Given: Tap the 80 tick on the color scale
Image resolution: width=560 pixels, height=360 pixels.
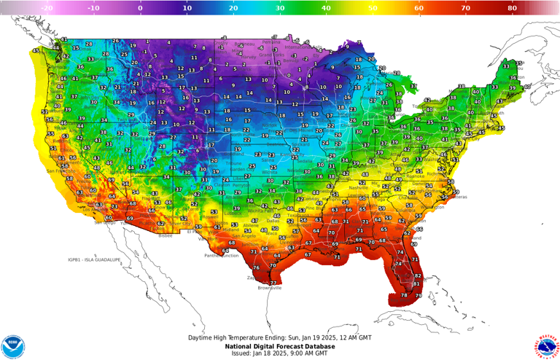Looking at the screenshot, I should click(513, 8).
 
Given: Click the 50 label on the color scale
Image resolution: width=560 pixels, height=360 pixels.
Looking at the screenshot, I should click(373, 8).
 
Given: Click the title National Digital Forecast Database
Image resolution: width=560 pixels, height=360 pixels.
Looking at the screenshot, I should click(280, 345).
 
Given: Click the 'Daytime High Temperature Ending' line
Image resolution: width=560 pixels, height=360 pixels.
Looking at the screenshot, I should click(280, 338).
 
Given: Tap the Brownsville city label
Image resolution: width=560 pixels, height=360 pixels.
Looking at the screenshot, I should click(270, 288).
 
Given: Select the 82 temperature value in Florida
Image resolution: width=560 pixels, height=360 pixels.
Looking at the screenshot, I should click(418, 277).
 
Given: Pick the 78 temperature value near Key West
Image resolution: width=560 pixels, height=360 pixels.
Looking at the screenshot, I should click(405, 295).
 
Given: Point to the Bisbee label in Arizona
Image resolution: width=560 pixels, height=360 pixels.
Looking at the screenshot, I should click(167, 235).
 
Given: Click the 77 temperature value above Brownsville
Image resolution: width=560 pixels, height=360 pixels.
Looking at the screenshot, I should click(273, 283).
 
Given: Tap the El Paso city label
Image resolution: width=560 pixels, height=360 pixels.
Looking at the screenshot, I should click(192, 232).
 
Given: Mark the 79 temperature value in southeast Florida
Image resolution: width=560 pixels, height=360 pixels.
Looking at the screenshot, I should click(419, 295).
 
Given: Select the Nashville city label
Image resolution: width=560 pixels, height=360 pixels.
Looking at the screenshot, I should click(359, 187).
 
